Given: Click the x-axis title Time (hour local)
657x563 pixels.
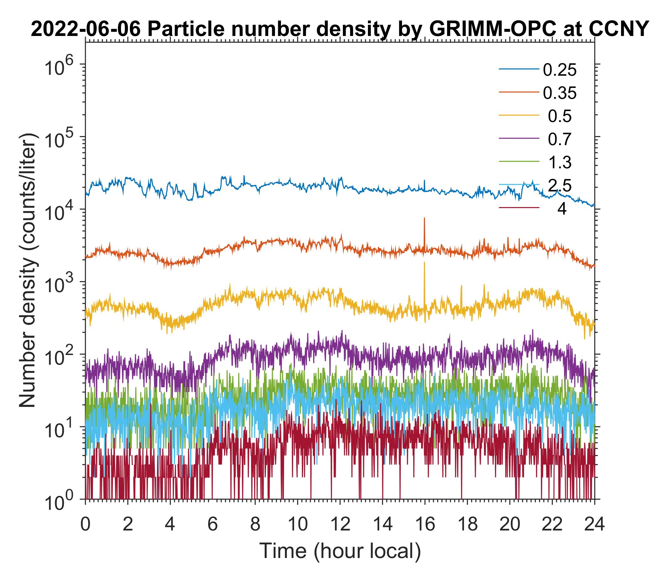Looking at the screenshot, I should point(340,551).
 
